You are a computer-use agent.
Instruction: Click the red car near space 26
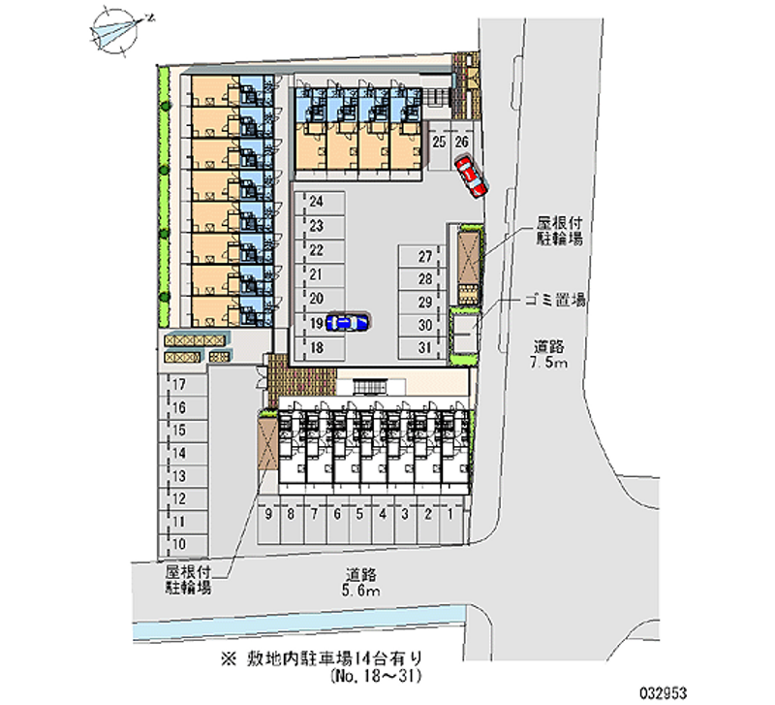coord(472,176)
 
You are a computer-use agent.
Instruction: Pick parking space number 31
coord(421,348)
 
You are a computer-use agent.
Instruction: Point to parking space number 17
coord(183,384)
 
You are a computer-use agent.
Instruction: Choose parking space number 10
coord(183,545)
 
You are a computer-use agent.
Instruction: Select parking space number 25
coord(439,146)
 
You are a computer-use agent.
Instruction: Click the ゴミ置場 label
coord(555,300)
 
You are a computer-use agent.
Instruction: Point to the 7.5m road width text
coord(549,363)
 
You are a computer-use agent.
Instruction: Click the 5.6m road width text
coord(361,591)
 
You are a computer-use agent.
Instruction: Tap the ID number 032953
coord(664,692)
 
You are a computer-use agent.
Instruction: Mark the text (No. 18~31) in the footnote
coord(376,675)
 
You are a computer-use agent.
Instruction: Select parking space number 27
coord(421,257)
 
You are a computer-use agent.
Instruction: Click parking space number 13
coord(183,476)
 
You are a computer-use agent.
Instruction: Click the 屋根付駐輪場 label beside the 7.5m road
coord(560,231)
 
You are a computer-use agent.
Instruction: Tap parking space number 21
coord(320,275)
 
